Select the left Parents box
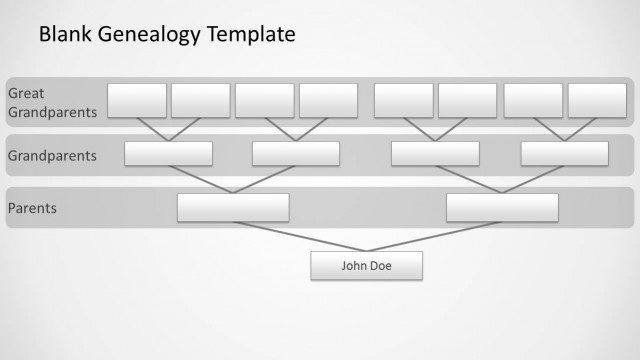[233, 207]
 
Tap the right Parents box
[502, 207]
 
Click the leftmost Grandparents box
[169, 153]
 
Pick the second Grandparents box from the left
[297, 153]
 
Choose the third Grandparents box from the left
[435, 153]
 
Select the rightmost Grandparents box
[564, 153]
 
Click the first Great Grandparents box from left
[137, 100]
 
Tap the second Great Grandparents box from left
[200, 100]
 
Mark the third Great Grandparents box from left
[264, 100]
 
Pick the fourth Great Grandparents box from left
[328, 100]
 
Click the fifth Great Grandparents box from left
[404, 100]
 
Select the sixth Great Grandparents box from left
[467, 100]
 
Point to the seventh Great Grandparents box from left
[533, 100]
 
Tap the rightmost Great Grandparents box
[597, 100]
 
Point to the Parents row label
[32, 209]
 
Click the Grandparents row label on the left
[52, 156]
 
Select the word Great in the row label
[26, 93]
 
